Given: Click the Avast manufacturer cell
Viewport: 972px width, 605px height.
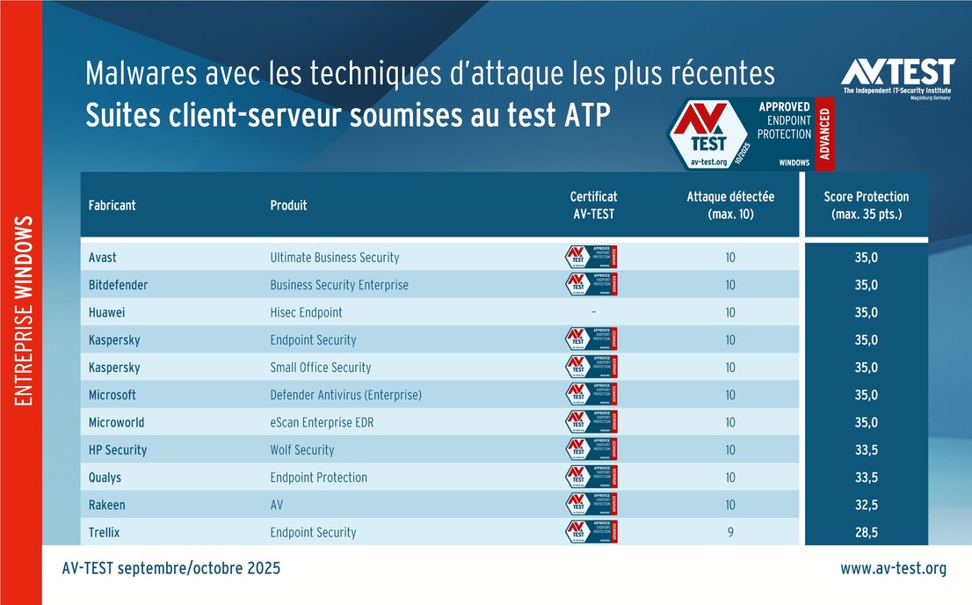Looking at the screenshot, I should click(x=103, y=258).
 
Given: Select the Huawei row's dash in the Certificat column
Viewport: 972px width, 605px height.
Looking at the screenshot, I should click(x=593, y=312).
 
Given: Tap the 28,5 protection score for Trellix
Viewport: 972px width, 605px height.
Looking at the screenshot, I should click(x=866, y=532).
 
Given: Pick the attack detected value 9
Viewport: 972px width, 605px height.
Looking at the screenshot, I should click(x=730, y=532).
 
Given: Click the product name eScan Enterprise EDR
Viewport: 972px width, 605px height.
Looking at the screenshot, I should click(x=322, y=422).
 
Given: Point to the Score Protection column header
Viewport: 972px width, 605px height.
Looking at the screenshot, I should click(x=866, y=206).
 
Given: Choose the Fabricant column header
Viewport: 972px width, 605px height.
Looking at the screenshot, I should click(x=112, y=206).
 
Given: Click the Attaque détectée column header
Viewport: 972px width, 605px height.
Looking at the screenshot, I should click(x=730, y=206).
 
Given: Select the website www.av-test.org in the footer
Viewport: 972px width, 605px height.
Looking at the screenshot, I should click(x=893, y=569).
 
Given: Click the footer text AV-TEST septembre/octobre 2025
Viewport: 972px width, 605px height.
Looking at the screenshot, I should click(x=171, y=569).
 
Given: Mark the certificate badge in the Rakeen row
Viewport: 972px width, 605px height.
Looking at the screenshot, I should click(x=591, y=504).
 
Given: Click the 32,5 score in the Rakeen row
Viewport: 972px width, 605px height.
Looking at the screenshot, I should click(x=866, y=505).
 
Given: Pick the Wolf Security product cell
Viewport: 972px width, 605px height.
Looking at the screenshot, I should click(x=302, y=449).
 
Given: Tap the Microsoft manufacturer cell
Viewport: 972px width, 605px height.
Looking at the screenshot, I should click(x=112, y=395).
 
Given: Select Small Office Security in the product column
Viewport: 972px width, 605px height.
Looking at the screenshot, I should click(x=321, y=368).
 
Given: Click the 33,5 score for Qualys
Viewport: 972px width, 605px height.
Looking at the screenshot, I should click(x=866, y=477).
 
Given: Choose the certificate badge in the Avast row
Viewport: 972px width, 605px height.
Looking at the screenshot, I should click(x=591, y=257).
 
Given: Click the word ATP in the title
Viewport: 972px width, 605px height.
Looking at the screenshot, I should click(x=584, y=116).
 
